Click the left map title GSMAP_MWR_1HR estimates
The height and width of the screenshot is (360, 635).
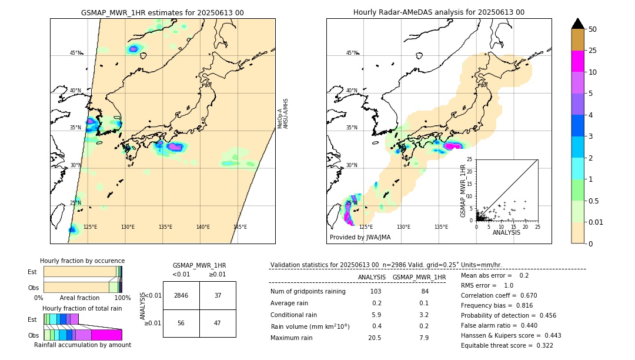pyautogui.click(x=162, y=12)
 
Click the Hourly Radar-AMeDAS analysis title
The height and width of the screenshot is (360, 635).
pyautogui.click(x=439, y=12)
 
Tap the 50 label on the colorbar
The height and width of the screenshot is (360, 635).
pyautogui.click(x=593, y=29)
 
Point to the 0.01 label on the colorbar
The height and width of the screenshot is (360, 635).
pyautogui.click(x=596, y=222)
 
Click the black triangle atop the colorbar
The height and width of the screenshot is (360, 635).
pyautogui.click(x=578, y=24)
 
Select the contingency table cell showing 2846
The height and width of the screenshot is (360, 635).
pyautogui.click(x=181, y=295)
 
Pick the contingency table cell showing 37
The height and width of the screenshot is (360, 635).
pyautogui.click(x=218, y=295)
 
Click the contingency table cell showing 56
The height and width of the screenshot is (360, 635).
pyautogui.click(x=181, y=323)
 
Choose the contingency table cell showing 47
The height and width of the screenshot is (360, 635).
pyautogui.click(x=218, y=323)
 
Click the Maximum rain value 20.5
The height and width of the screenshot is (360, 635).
pyautogui.click(x=375, y=338)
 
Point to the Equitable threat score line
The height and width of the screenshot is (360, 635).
pyautogui.click(x=507, y=345)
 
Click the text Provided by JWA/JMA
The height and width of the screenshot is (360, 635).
pyautogui.click(x=360, y=237)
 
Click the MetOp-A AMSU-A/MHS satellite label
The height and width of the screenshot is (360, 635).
pyautogui.click(x=283, y=114)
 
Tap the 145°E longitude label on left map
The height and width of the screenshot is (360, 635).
pyautogui.click(x=240, y=227)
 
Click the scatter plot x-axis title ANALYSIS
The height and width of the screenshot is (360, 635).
pyautogui.click(x=506, y=232)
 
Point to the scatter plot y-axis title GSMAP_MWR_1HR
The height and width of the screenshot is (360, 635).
pyautogui.click(x=463, y=189)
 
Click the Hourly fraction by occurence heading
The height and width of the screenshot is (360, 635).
pyautogui.click(x=82, y=261)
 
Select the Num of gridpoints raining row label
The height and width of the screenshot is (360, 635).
pyautogui.click(x=308, y=292)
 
